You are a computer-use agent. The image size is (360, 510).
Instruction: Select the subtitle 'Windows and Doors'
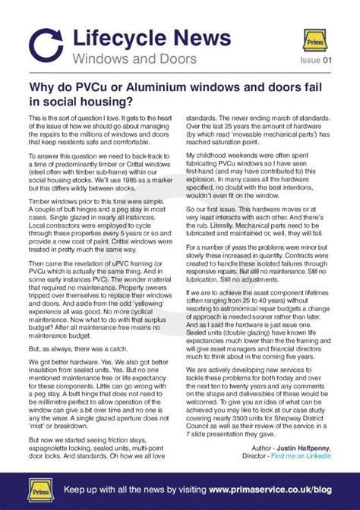(135, 58)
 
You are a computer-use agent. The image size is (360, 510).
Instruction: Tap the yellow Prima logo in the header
(314, 39)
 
